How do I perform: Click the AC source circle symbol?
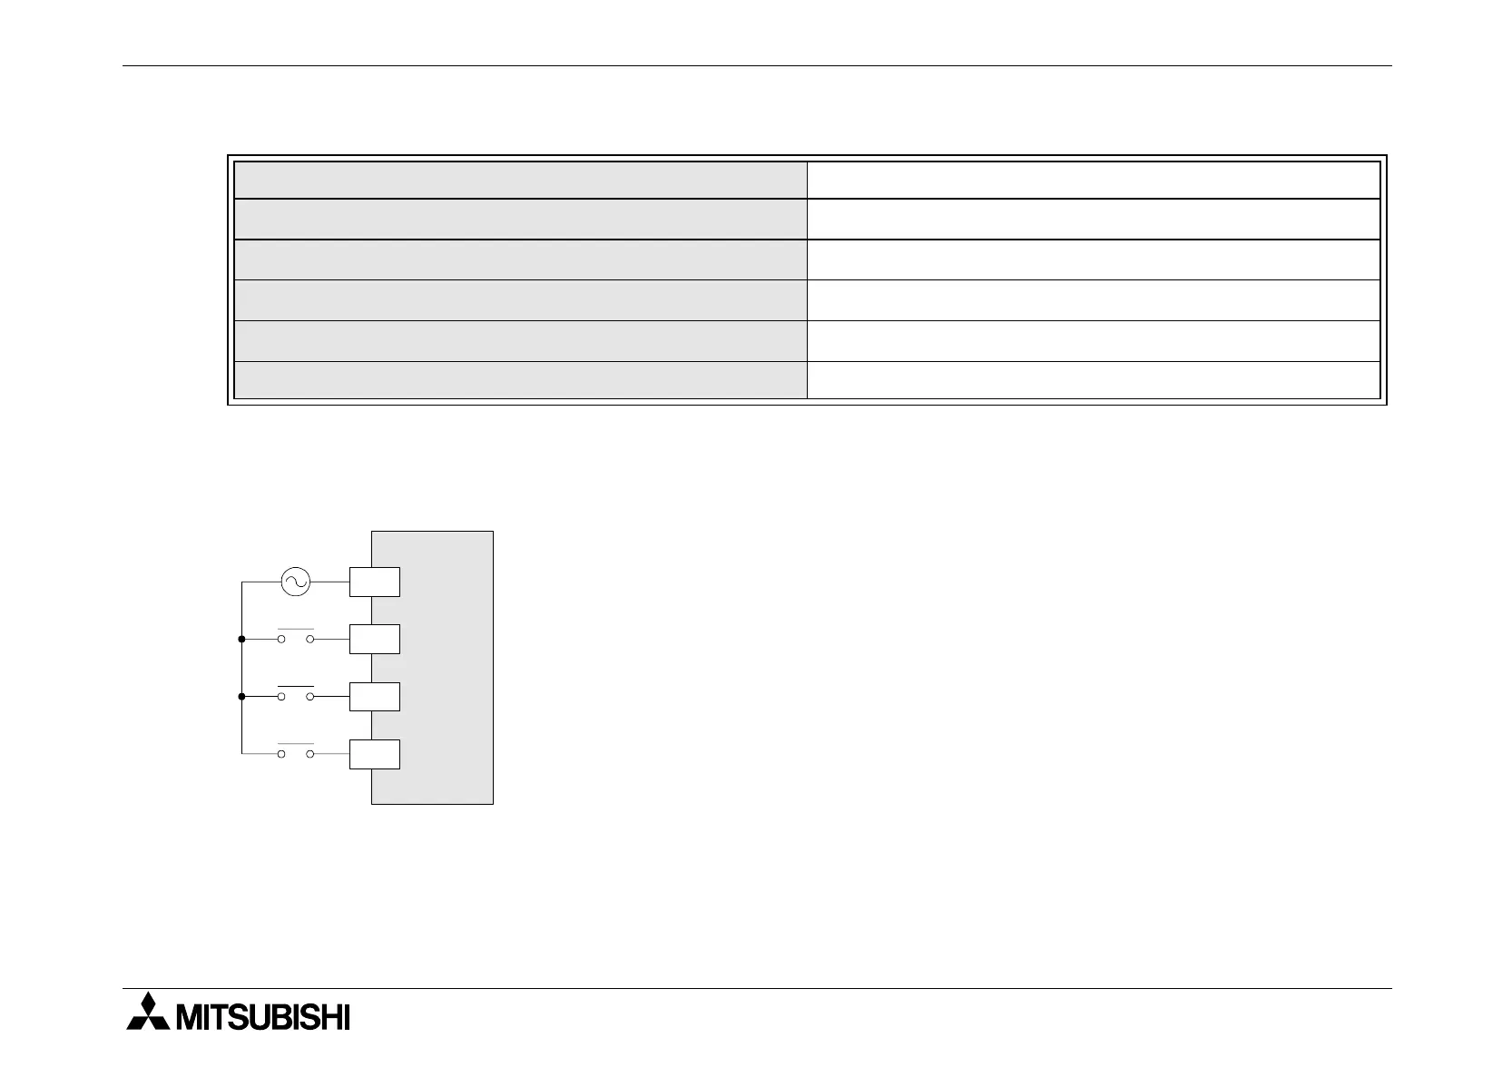coord(295,582)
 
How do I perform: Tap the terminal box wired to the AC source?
coord(374,582)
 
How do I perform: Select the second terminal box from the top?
coord(374,640)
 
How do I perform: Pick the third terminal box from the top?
coord(374,697)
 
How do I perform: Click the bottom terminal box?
coord(374,754)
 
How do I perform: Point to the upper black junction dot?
coord(241,640)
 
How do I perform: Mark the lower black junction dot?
coord(241,697)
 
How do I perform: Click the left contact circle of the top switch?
coord(281,640)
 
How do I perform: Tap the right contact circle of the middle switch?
coord(310,697)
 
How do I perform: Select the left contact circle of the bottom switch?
coord(281,754)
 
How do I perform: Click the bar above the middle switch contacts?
coord(296,686)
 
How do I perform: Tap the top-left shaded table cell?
coord(520,180)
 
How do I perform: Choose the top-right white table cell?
coord(1093,180)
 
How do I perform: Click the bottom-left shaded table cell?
coord(520,380)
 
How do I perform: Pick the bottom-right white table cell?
coord(1093,380)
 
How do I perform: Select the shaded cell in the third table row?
coord(520,259)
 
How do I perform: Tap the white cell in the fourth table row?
coord(1093,300)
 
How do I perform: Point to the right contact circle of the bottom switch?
coord(310,754)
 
